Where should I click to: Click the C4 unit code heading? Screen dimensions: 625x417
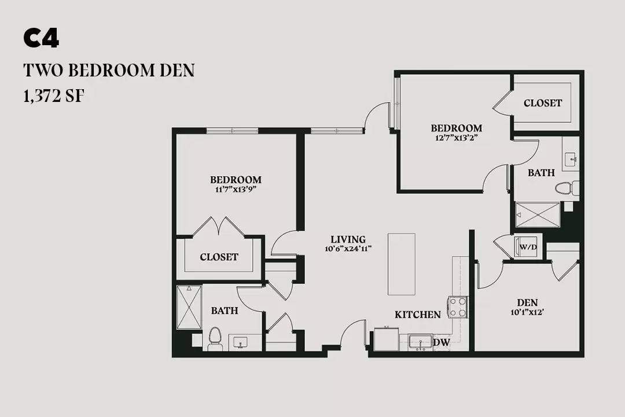(41, 39)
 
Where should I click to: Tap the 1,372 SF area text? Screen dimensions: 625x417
(54, 96)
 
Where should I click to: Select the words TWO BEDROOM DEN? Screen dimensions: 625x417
(109, 70)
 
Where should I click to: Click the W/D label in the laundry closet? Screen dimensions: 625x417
(528, 247)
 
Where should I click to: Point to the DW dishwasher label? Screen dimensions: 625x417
(441, 342)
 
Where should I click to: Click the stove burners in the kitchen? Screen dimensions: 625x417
(458, 307)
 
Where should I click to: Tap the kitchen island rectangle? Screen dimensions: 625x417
(402, 264)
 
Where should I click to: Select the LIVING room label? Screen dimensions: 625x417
(348, 239)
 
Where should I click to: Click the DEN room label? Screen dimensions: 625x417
(527, 302)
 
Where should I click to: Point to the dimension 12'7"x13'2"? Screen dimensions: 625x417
(457, 138)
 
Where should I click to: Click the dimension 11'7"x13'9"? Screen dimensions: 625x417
(236, 189)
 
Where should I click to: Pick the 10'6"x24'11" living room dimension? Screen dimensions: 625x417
(348, 248)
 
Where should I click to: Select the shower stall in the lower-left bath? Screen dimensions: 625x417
(189, 308)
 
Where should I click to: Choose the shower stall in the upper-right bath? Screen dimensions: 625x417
(538, 215)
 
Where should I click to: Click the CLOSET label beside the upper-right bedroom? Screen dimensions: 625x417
(542, 103)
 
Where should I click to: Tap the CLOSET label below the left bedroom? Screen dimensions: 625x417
(219, 257)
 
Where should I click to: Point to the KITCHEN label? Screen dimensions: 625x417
(418, 315)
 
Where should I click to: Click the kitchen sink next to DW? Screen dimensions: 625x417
(421, 342)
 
